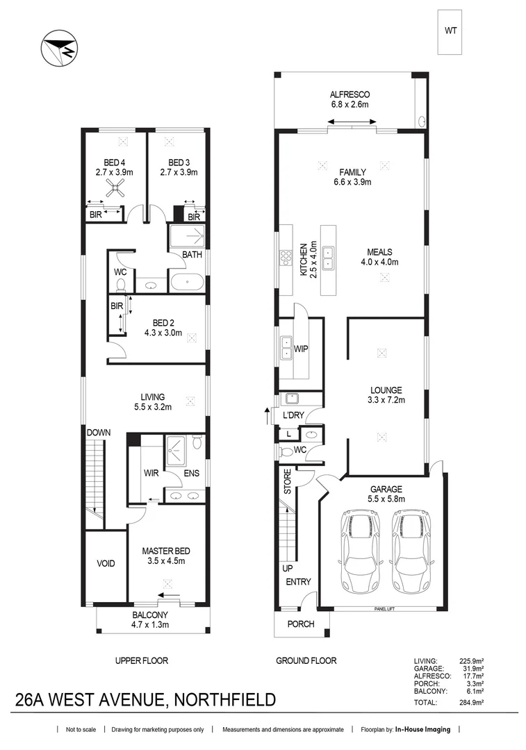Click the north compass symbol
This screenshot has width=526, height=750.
click(x=57, y=49)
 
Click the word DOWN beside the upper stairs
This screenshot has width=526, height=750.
click(x=99, y=433)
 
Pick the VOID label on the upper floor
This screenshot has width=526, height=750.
click(x=106, y=563)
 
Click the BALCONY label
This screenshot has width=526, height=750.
click(x=150, y=615)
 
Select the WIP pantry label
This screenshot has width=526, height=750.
click(x=301, y=348)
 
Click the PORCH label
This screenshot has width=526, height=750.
click(x=301, y=624)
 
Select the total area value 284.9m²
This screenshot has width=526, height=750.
click(x=470, y=703)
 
